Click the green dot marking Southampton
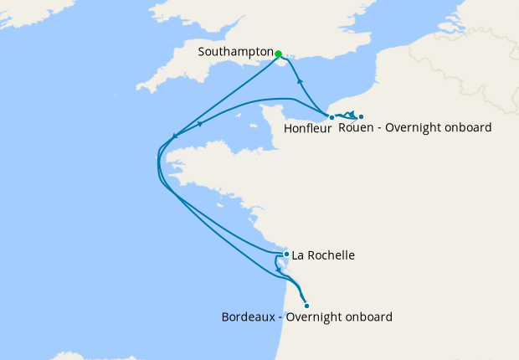279,54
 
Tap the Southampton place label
235,52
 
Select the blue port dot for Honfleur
331,117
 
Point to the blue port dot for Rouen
361,116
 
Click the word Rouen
355,128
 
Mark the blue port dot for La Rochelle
286,254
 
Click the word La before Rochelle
298,255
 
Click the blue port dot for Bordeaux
306,306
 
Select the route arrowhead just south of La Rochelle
278,268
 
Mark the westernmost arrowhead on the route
172,136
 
